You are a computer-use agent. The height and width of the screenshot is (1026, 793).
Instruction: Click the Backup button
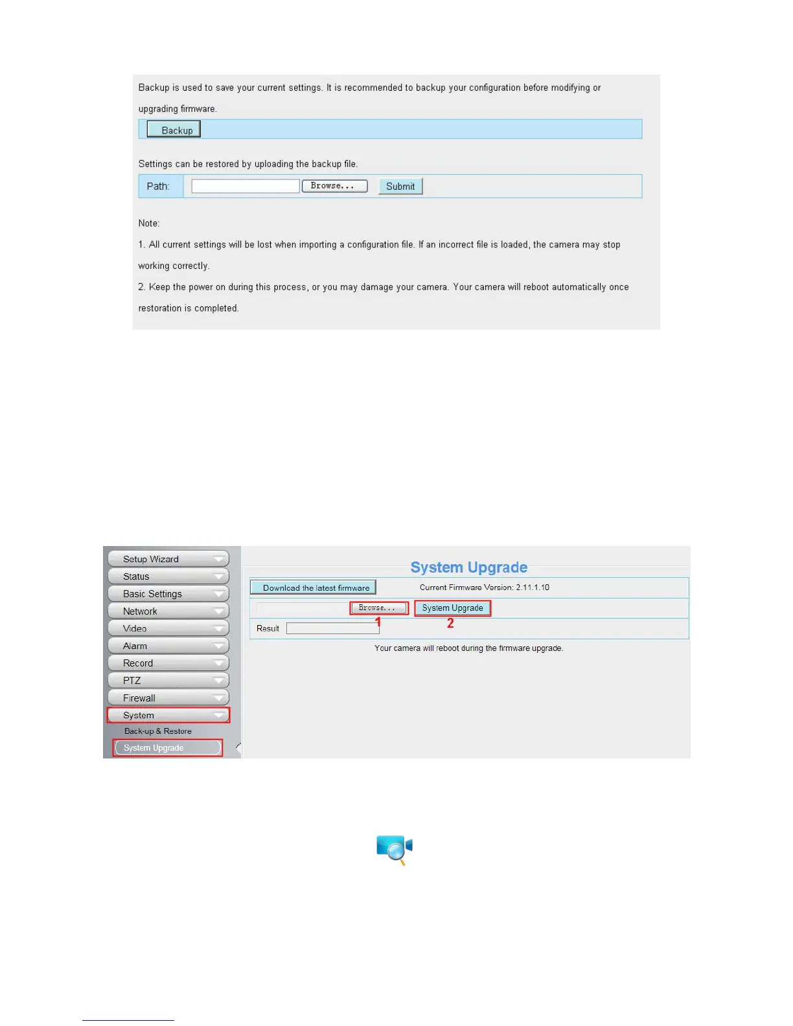174,130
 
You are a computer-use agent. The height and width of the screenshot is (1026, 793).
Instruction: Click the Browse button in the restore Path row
334,186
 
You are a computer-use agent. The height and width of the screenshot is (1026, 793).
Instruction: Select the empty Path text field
246,187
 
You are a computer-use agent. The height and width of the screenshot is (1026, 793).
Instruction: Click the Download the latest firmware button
313,587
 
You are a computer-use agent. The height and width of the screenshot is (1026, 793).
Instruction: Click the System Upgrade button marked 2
452,608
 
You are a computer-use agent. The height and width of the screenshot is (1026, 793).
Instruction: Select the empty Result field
332,628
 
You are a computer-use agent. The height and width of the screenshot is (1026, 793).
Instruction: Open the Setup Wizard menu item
168,559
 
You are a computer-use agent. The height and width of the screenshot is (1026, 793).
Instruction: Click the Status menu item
168,576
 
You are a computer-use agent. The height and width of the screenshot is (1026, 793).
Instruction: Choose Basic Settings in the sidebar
168,594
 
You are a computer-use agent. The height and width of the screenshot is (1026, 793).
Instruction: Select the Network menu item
168,611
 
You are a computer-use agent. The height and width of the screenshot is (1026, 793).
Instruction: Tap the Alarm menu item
168,646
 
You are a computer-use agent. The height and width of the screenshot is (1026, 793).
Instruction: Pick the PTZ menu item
168,681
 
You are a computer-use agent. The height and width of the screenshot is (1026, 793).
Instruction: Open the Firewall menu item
168,698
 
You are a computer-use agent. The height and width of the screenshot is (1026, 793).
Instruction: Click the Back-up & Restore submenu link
158,731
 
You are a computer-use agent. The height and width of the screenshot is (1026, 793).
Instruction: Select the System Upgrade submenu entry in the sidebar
167,748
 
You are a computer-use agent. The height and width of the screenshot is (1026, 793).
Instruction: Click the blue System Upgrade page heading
468,567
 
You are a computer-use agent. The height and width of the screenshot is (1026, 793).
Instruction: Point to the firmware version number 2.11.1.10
533,587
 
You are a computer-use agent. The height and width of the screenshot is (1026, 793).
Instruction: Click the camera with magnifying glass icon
394,849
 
